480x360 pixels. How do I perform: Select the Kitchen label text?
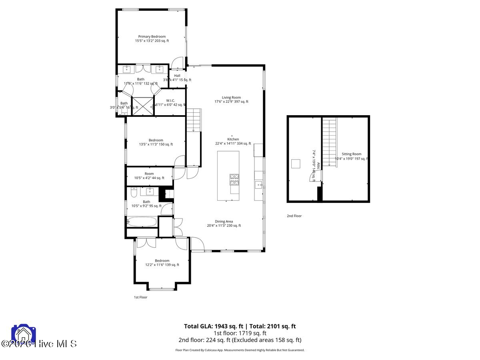(x=233, y=139)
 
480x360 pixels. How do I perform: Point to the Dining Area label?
(x=224, y=221)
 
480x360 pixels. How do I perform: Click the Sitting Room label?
(x=351, y=154)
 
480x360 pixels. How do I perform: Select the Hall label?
(x=177, y=76)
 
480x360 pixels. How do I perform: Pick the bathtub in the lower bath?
(x=142, y=222)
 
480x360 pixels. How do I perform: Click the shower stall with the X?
(x=142, y=106)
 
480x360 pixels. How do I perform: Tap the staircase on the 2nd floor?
(x=330, y=138)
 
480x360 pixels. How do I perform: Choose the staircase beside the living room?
(x=193, y=120)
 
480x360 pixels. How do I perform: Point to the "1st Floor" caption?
(x=140, y=297)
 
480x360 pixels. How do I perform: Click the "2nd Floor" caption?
(x=294, y=216)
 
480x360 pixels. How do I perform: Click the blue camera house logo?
(x=24, y=335)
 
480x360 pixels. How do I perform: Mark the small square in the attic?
(x=296, y=164)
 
